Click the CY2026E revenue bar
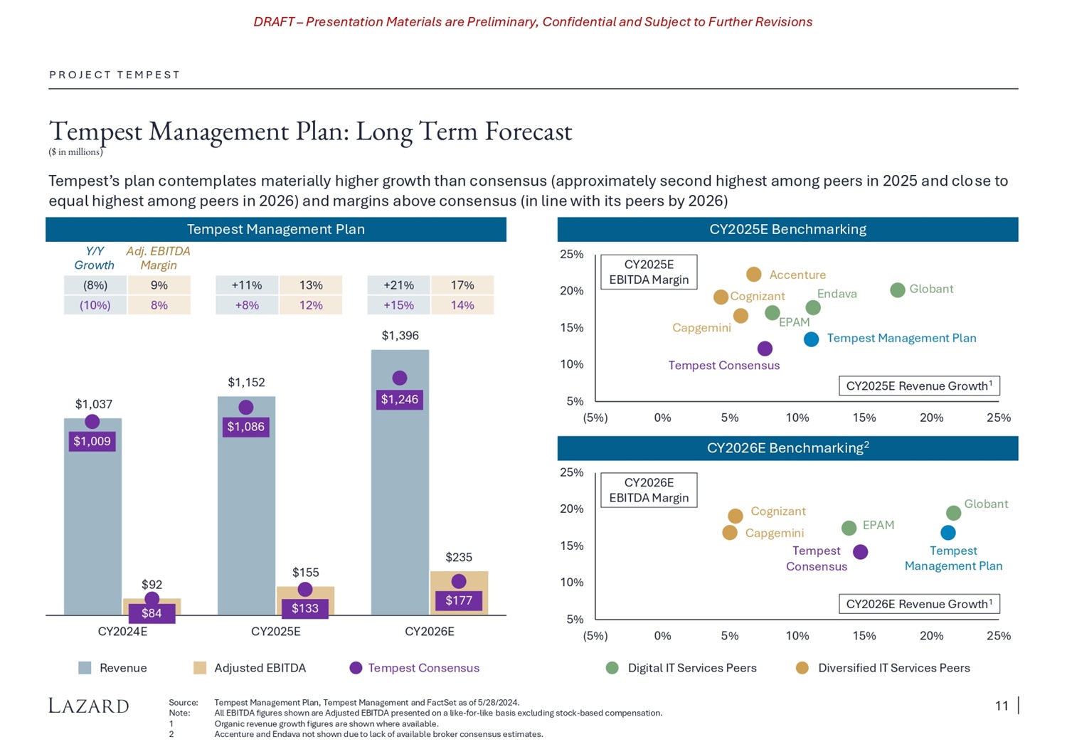click(400, 498)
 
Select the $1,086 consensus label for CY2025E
click(245, 427)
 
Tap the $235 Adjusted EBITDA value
click(459, 557)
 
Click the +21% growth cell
click(398, 285)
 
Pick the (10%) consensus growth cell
click(95, 305)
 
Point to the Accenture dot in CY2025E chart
click(754, 275)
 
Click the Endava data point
click(813, 307)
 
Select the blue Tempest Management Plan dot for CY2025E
click(811, 339)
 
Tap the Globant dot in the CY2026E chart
click(954, 513)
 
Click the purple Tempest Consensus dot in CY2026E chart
click(860, 552)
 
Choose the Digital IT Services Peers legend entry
click(691, 668)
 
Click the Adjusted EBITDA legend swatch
click(200, 668)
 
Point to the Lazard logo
click(89, 706)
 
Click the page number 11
click(1002, 706)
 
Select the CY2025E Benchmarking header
click(787, 230)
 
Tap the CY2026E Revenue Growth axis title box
click(919, 604)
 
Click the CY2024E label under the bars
click(122, 632)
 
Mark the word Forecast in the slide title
click(528, 132)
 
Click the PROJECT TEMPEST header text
click(115, 75)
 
